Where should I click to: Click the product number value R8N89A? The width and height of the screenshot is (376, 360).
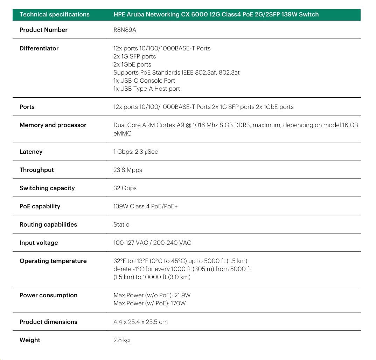pyautogui.click(x=125, y=30)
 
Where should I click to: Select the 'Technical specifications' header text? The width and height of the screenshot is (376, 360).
pyautogui.click(x=54, y=14)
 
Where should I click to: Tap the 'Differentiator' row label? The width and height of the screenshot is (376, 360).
pyautogui.click(x=39, y=48)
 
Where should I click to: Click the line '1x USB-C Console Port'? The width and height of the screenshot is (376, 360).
pyautogui.click(x=144, y=81)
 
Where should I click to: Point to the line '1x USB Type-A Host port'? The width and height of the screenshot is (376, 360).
pyautogui.click(x=146, y=89)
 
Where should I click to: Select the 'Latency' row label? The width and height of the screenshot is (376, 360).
pyautogui.click(x=31, y=152)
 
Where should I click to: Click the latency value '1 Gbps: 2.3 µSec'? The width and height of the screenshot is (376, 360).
pyautogui.click(x=135, y=152)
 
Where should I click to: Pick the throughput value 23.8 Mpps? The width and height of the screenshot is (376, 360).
pyautogui.click(x=127, y=170)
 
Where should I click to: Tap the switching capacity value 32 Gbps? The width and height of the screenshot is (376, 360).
pyautogui.click(x=125, y=188)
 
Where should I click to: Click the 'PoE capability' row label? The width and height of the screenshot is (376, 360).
pyautogui.click(x=40, y=206)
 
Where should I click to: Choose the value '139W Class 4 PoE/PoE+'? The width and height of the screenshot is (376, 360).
pyautogui.click(x=145, y=206)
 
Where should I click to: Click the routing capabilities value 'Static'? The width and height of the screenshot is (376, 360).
pyautogui.click(x=121, y=224)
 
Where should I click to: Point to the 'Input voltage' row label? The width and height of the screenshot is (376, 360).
pyautogui.click(x=39, y=243)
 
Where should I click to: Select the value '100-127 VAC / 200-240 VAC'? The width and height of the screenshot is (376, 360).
pyautogui.click(x=152, y=243)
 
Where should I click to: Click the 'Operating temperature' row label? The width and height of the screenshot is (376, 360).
pyautogui.click(x=53, y=261)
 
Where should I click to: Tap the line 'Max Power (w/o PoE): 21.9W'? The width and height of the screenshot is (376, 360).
pyautogui.click(x=152, y=295)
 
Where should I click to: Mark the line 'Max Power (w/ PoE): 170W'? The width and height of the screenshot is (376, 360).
pyautogui.click(x=149, y=303)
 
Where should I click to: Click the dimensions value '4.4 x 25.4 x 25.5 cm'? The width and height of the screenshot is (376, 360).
pyautogui.click(x=140, y=322)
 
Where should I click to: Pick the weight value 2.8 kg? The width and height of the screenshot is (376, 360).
pyautogui.click(x=121, y=340)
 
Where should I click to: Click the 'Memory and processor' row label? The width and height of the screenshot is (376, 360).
pyautogui.click(x=53, y=125)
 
